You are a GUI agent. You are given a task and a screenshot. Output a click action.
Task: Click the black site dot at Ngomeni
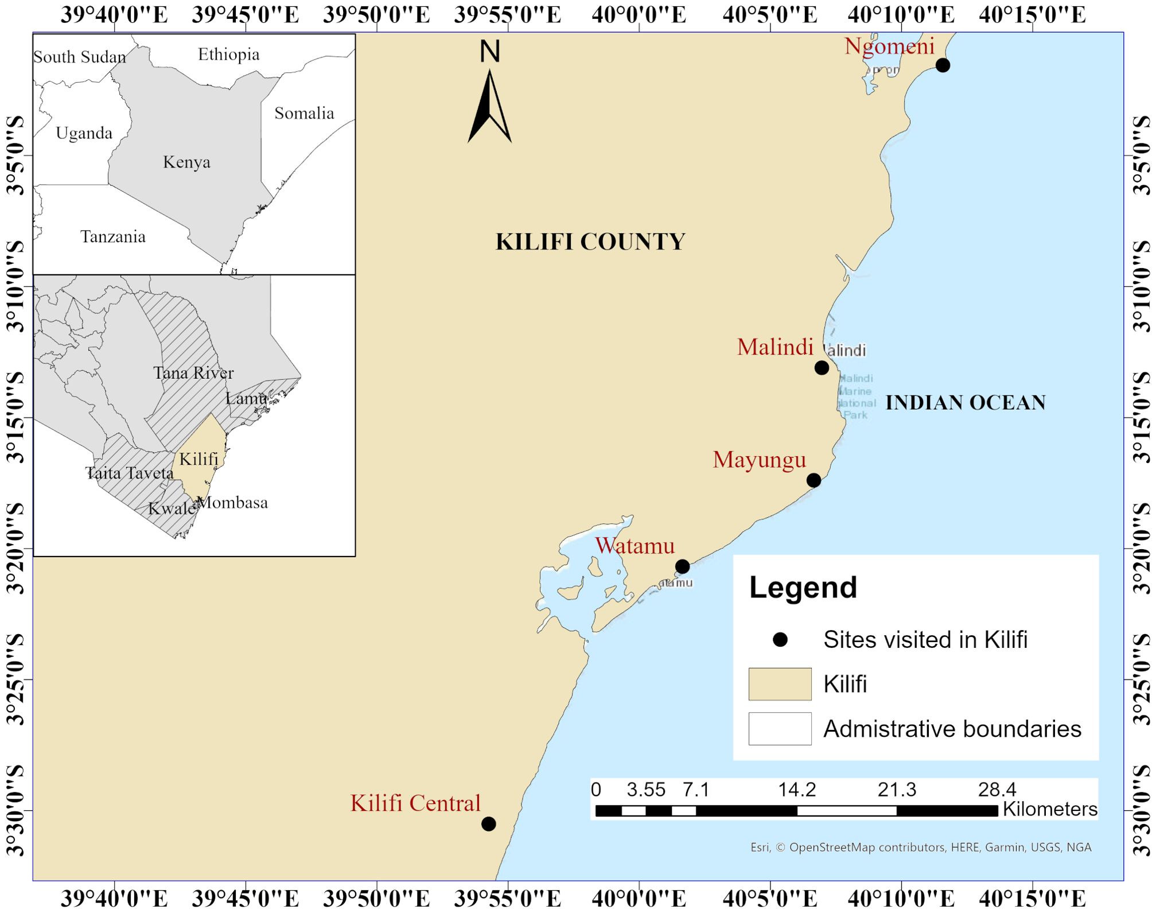pos(943,65)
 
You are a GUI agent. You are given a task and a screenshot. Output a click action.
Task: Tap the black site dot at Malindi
pos(822,368)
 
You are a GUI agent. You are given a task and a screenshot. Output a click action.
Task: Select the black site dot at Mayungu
pos(814,480)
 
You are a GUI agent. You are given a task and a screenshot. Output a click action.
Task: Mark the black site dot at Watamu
pos(682,567)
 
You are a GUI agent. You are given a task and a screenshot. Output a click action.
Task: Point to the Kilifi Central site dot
pos(488,824)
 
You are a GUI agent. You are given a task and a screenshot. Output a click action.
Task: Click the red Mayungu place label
pos(759,460)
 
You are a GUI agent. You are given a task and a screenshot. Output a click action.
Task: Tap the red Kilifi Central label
pos(415,803)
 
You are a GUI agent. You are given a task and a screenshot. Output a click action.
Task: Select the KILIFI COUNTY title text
pos(590,242)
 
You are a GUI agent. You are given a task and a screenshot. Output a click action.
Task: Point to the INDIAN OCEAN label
pos(966,403)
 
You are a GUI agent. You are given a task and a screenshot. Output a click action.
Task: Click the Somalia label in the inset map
pos(304,113)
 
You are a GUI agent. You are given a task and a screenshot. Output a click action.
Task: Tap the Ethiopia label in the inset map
pos(228,55)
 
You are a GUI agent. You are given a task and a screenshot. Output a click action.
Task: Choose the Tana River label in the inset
pos(193,373)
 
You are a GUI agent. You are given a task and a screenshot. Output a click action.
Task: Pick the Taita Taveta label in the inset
pos(129,473)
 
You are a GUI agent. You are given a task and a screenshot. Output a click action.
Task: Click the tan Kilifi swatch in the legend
pos(780,684)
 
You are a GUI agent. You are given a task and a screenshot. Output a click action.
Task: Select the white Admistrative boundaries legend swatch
pos(780,729)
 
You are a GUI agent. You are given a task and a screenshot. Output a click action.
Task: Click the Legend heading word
pos(803,588)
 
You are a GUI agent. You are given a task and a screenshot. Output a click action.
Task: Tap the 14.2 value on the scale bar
pos(797,790)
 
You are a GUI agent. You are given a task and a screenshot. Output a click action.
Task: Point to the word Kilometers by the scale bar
pos(1049,809)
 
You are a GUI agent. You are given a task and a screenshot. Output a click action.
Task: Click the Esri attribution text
pos(920,848)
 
